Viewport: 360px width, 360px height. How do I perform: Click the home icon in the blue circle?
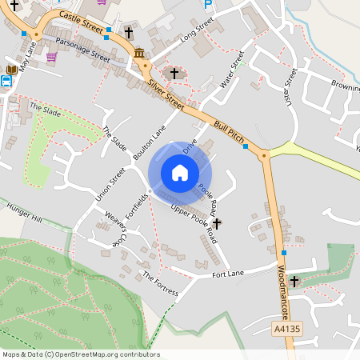point(180,172)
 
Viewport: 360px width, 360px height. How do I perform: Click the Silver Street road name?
point(165,95)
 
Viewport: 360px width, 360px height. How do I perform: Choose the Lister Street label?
point(290,86)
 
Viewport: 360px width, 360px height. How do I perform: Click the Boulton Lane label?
point(150,142)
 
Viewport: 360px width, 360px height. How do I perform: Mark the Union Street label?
point(111,183)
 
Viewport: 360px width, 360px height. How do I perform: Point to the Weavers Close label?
point(111,228)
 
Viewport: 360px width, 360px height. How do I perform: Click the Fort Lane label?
point(228,273)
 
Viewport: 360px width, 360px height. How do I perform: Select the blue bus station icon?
point(8,80)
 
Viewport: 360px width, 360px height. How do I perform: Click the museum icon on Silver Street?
point(140,54)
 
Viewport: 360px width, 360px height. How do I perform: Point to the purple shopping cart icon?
point(52,57)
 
